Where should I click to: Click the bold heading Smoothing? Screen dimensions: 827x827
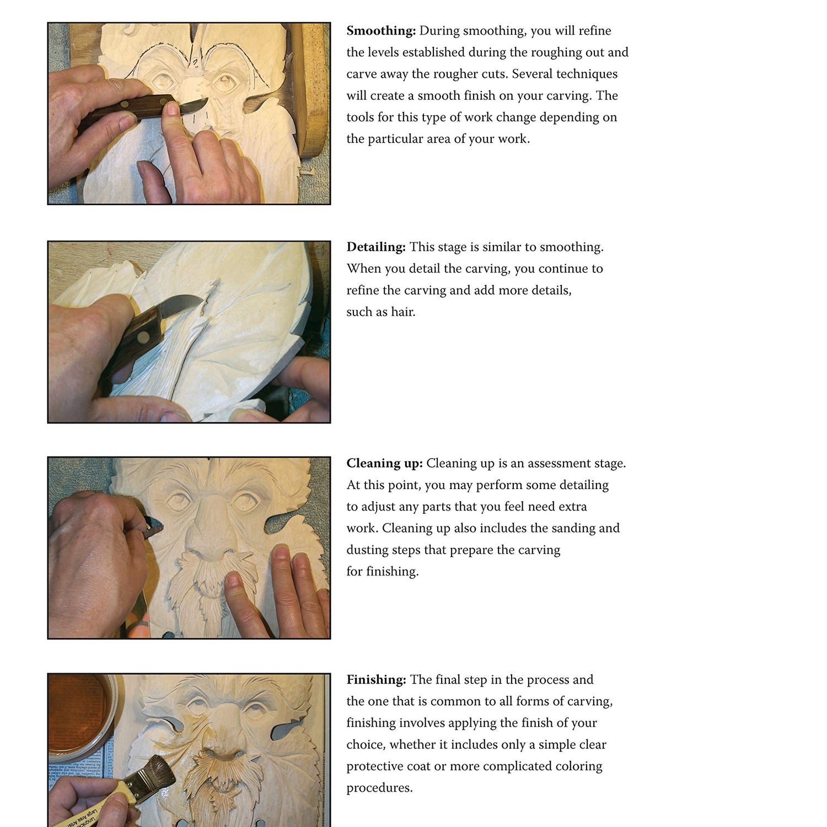pyautogui.click(x=381, y=31)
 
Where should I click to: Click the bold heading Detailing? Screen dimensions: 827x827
pyautogui.click(x=376, y=247)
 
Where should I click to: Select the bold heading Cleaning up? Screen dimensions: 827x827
pyautogui.click(x=384, y=464)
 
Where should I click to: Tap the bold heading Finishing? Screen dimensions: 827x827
pyautogui.click(x=376, y=680)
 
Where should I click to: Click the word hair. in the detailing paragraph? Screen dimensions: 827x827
pyautogui.click(x=403, y=312)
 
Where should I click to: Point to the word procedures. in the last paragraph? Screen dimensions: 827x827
pyautogui.click(x=379, y=788)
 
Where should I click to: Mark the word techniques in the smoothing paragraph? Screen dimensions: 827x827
pyautogui.click(x=587, y=74)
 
